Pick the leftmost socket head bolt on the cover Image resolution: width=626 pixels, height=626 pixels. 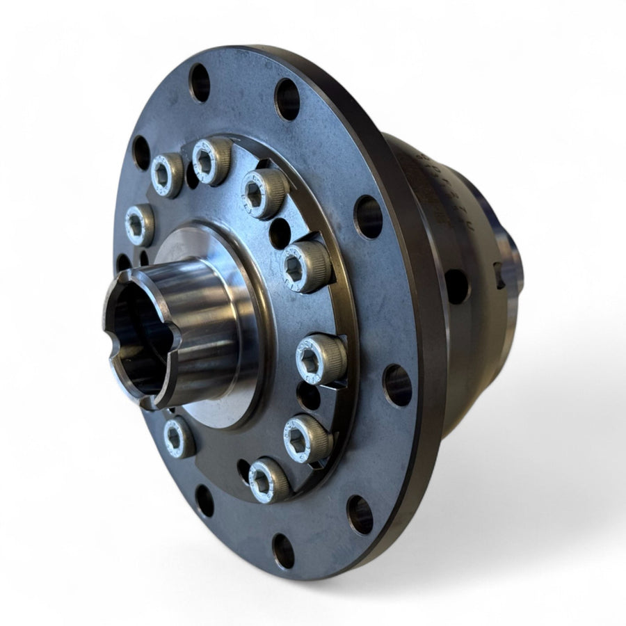tap(139, 225)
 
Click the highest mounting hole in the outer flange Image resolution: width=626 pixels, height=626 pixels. tap(199, 82)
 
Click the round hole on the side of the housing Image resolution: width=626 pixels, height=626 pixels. tap(456, 286)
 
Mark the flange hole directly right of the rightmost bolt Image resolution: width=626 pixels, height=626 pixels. tap(396, 385)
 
